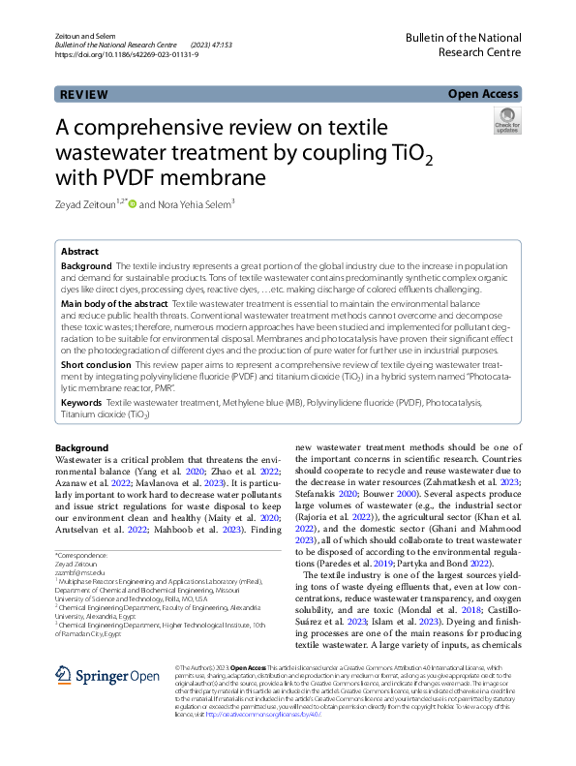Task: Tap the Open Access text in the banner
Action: tap(483, 94)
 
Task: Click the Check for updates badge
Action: tap(507, 121)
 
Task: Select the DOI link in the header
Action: tap(120, 55)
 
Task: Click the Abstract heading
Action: tap(80, 250)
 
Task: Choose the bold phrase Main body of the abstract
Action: tap(114, 304)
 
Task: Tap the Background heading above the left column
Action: tap(82, 448)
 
